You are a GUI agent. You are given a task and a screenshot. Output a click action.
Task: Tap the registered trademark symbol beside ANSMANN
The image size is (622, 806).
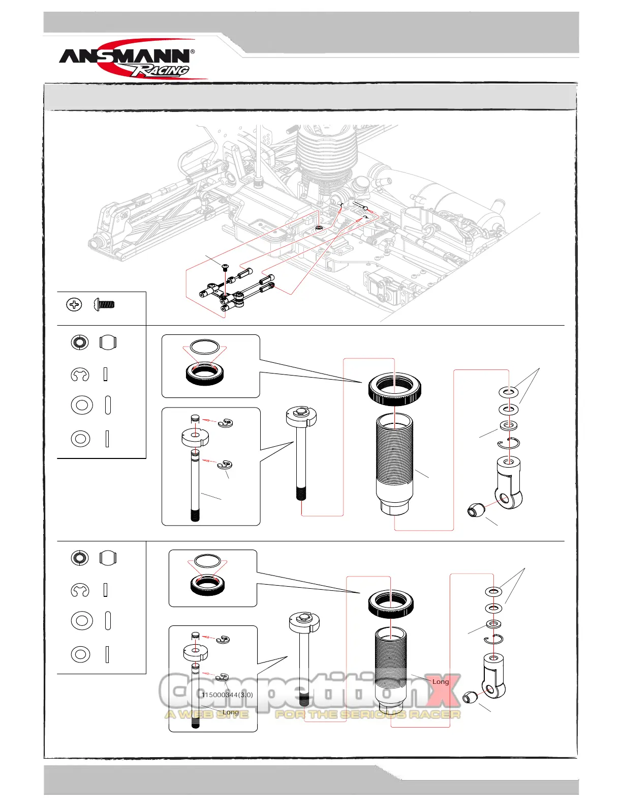tap(193, 52)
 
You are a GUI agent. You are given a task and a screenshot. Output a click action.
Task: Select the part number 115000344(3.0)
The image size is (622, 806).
tap(227, 695)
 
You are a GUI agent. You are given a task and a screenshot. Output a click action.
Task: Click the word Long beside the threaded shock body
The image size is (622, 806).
tap(441, 681)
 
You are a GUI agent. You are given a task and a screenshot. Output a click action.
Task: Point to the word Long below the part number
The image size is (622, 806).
tap(231, 712)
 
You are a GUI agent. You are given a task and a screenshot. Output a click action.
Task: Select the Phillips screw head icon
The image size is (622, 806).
tap(74, 305)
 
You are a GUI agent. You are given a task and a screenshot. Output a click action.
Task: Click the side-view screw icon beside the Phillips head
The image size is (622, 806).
tap(104, 305)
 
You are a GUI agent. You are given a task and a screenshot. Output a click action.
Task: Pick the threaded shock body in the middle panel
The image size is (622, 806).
tap(394, 458)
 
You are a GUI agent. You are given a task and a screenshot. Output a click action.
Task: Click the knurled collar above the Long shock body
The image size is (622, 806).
tap(390, 603)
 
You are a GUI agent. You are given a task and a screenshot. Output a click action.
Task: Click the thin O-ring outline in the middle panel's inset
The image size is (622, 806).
tap(205, 348)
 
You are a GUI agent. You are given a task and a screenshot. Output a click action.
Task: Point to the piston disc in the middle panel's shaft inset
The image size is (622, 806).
tap(195, 437)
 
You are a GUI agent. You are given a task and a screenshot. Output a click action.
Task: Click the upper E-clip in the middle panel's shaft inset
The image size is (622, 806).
tap(225, 423)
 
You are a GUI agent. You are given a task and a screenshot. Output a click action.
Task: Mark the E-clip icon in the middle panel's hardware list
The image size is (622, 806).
tap(80, 375)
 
